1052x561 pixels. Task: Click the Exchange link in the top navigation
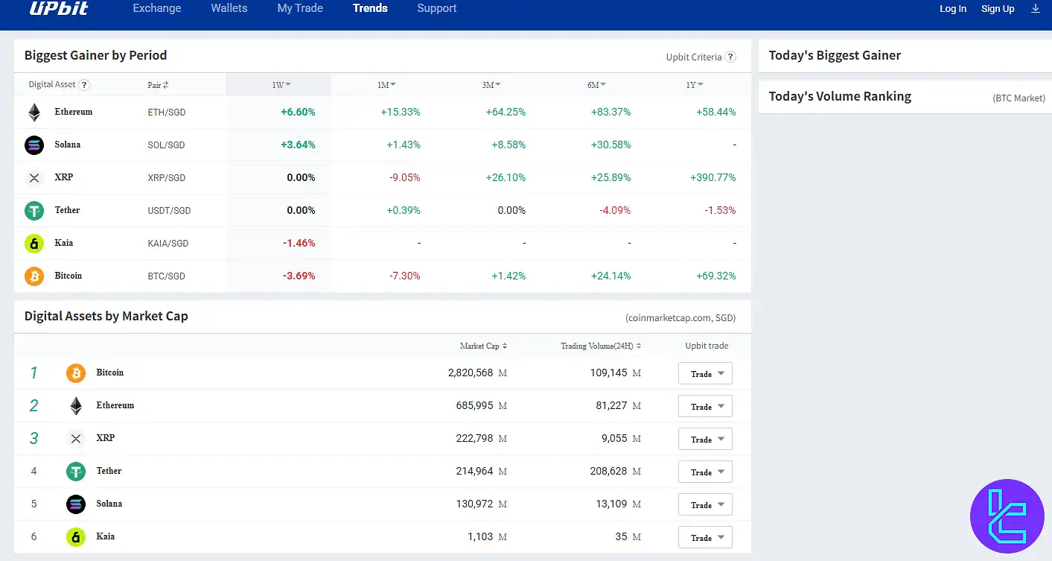[x=156, y=8]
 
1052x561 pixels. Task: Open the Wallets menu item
[x=229, y=8]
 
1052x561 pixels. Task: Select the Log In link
[x=952, y=9]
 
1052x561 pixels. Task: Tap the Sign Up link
[x=998, y=9]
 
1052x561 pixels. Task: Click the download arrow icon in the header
[x=1036, y=8]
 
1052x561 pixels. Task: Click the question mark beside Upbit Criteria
[x=730, y=57]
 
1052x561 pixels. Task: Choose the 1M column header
[x=386, y=85]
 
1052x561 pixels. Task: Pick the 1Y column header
[x=694, y=85]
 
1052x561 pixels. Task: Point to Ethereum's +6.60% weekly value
[x=298, y=112]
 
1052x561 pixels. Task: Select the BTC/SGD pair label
[x=166, y=276]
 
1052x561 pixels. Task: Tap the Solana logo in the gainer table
[x=34, y=145]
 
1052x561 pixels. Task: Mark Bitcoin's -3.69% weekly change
[x=299, y=276]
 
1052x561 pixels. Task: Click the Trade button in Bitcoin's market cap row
[x=704, y=373]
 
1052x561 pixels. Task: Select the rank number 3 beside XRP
[x=34, y=438]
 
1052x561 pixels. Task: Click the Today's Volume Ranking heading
[x=839, y=96]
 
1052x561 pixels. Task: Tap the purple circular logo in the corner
[x=1007, y=516]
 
